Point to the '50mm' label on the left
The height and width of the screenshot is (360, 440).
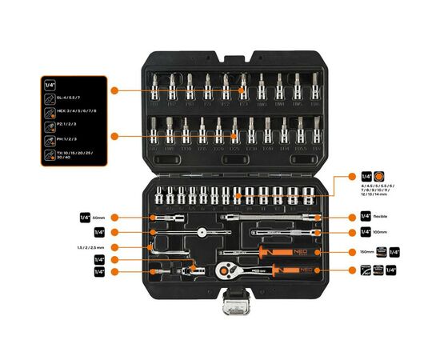click(x=99, y=217)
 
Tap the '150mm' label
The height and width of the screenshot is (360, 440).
click(x=367, y=252)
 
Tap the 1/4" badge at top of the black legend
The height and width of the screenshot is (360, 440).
click(x=50, y=84)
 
